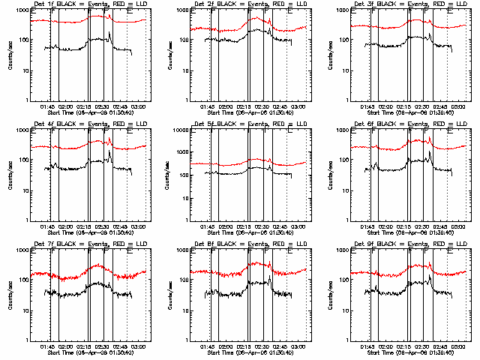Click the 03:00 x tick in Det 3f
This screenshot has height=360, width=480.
[459, 106]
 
